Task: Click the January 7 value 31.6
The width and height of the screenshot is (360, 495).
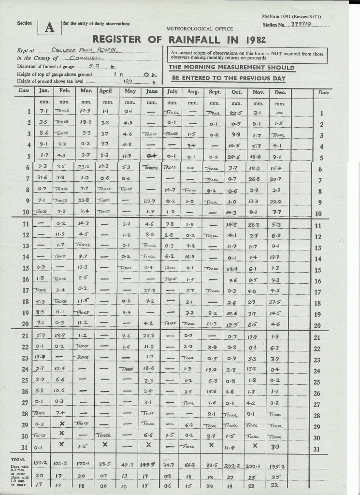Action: (42, 178)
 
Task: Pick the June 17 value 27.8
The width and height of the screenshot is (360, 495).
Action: (149, 291)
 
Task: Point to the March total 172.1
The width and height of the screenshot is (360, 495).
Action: (85, 464)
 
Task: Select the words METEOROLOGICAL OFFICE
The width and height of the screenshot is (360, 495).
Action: (200, 29)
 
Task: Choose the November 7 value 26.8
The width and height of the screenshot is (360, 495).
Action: (258, 179)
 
